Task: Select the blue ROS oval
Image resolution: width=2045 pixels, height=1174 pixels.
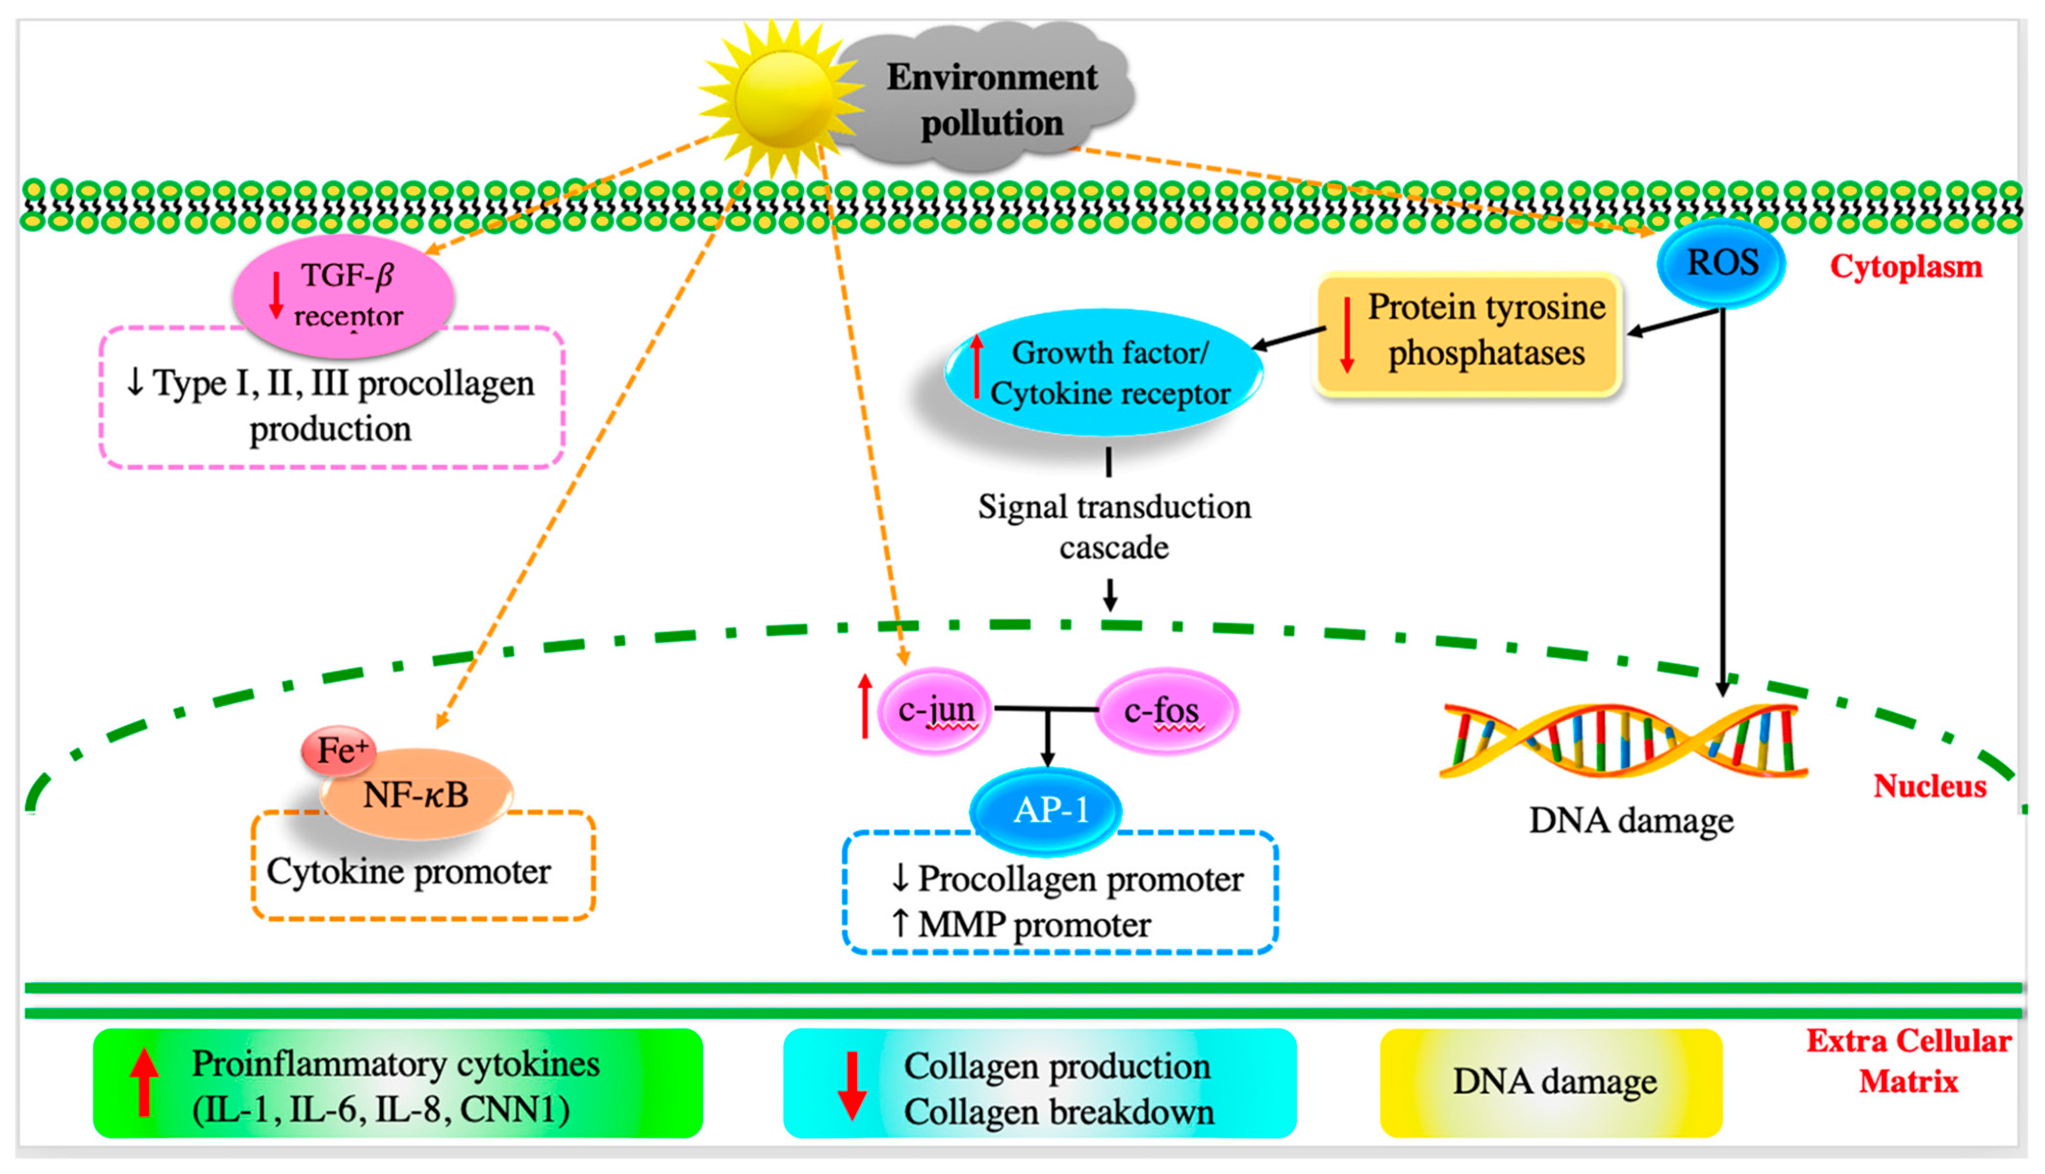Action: (1721, 263)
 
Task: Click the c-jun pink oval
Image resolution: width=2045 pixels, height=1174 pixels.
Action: (935, 710)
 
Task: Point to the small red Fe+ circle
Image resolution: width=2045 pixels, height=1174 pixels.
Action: (339, 750)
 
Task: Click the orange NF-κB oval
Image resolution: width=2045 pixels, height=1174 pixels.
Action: (416, 795)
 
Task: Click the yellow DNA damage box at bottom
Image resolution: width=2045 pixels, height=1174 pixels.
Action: (1552, 1082)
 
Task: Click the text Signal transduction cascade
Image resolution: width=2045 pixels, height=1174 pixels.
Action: (1114, 526)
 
